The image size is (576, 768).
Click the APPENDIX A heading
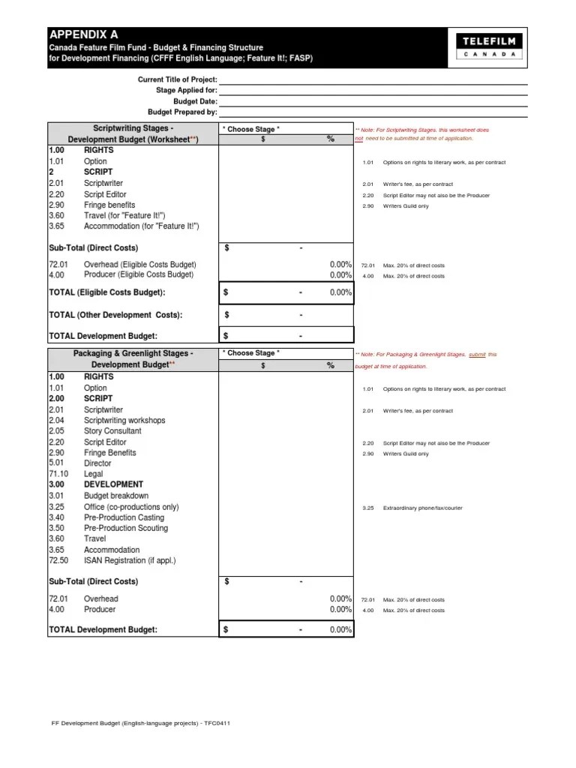[x=83, y=34]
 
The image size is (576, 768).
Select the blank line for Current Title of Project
[x=373, y=79]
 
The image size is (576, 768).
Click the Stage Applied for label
[x=186, y=90]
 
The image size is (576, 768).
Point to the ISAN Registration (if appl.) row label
[x=130, y=560]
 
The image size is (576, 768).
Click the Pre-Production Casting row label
[x=124, y=517]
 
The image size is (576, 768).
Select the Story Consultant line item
[x=112, y=431]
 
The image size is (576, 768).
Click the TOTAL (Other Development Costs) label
[x=115, y=315]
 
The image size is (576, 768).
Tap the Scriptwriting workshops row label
[x=124, y=421]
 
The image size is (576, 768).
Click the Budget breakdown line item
[x=115, y=496]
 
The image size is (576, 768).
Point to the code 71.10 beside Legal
[x=58, y=474]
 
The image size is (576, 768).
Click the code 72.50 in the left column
[x=58, y=560]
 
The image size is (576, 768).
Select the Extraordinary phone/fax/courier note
[x=422, y=508]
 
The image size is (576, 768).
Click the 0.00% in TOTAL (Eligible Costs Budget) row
[x=340, y=292]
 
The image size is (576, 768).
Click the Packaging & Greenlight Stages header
[x=133, y=353]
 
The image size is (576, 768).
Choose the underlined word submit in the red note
[x=477, y=354]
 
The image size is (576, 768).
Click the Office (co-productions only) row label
[x=131, y=507]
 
